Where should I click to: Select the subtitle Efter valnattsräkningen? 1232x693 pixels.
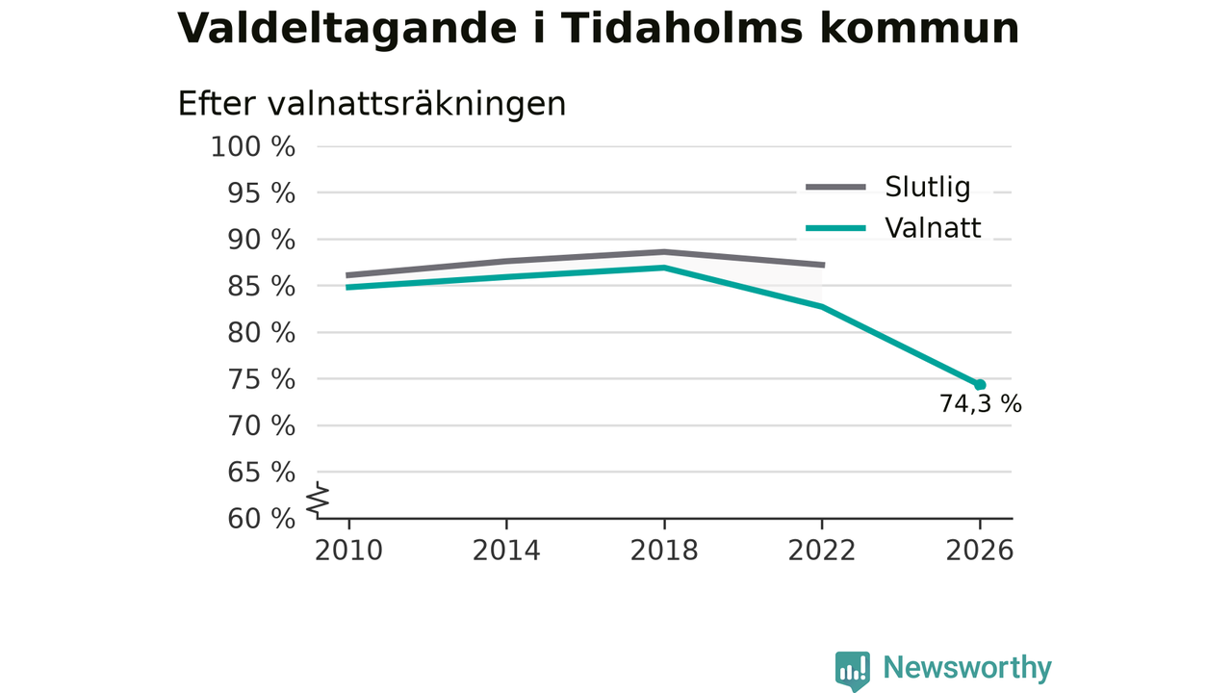(x=372, y=103)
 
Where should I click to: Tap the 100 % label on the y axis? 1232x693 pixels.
(x=253, y=147)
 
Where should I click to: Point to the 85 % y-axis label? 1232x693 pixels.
(x=261, y=286)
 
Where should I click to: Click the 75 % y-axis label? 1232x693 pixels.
(x=261, y=379)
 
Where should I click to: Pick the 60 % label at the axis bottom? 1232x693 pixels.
(x=261, y=518)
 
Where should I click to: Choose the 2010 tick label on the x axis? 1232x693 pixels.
(x=348, y=551)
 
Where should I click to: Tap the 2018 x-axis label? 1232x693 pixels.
(x=664, y=551)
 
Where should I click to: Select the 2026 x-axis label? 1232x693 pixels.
(x=979, y=551)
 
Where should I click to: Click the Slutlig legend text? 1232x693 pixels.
(x=927, y=187)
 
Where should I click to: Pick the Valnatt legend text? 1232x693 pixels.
(x=933, y=228)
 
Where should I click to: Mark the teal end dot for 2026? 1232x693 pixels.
(x=980, y=384)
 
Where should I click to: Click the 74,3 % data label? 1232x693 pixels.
(x=980, y=404)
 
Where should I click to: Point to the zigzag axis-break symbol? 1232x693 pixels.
(x=318, y=500)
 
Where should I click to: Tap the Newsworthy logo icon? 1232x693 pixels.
(x=853, y=671)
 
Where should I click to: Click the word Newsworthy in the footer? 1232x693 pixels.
(x=967, y=667)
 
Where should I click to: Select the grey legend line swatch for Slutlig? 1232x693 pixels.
(x=836, y=188)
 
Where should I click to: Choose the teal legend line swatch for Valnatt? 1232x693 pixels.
(x=836, y=228)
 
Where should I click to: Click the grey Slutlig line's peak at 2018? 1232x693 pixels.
(x=664, y=252)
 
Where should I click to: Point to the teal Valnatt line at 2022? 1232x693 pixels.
(x=822, y=306)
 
